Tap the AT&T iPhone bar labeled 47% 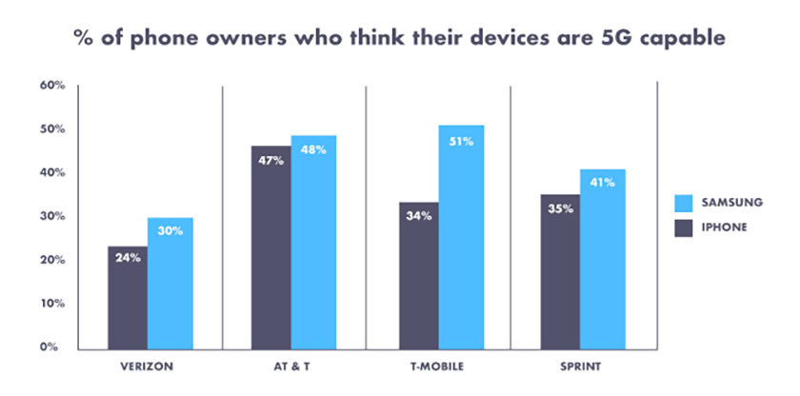pyautogui.click(x=270, y=247)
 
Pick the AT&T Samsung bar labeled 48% pyautogui.click(x=314, y=242)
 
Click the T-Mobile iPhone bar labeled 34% pyautogui.click(x=419, y=275)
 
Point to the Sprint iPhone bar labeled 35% pyautogui.click(x=560, y=272)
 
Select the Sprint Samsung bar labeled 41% pyautogui.click(x=602, y=258)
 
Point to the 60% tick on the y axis pyautogui.click(x=51, y=86)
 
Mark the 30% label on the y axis pyautogui.click(x=51, y=216)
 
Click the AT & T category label pyautogui.click(x=292, y=366)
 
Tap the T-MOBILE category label pyautogui.click(x=439, y=366)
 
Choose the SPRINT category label pyautogui.click(x=580, y=366)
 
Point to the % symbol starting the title pyautogui.click(x=84, y=40)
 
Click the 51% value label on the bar pyautogui.click(x=461, y=141)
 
